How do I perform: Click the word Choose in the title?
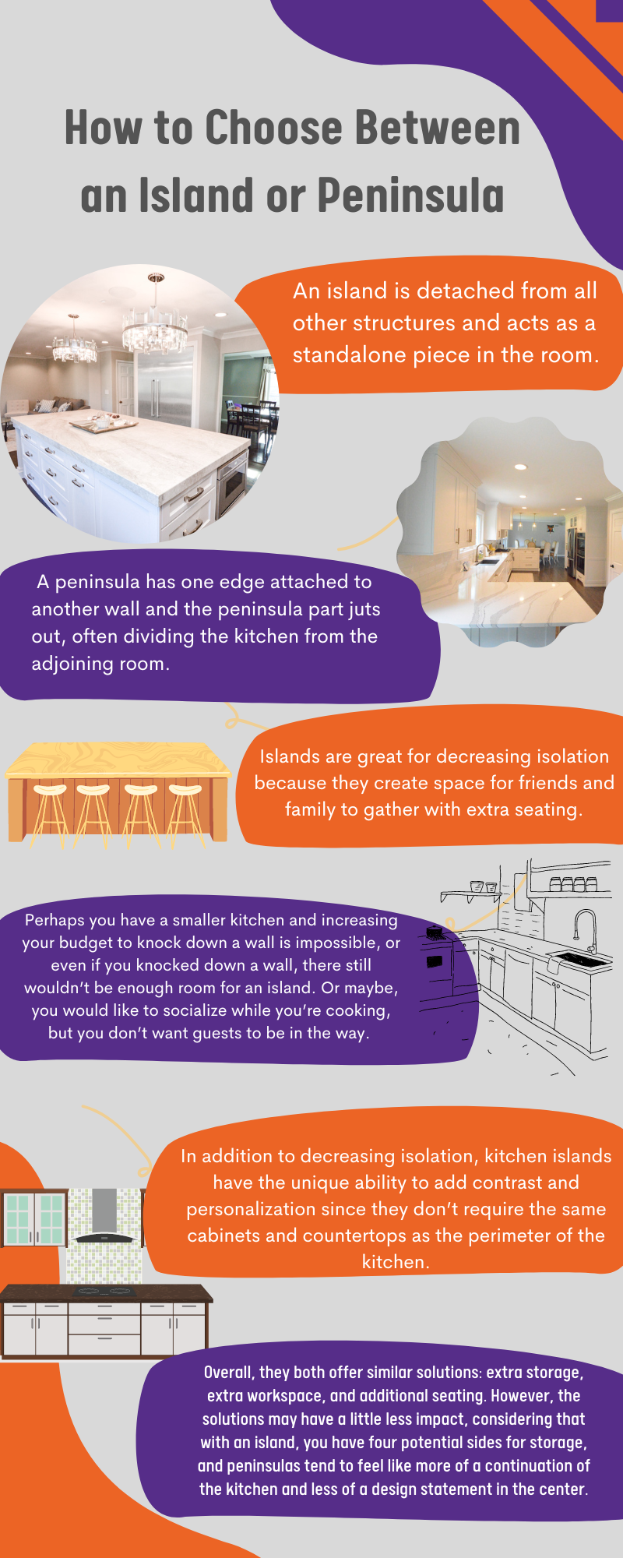pos(273,128)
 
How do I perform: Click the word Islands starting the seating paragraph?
pos(289,756)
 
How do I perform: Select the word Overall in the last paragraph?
pos(228,1373)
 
